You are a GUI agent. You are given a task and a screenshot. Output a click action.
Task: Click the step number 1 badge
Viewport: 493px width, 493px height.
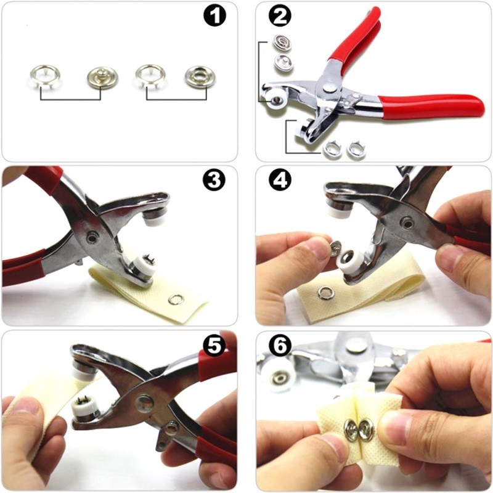pos(215,15)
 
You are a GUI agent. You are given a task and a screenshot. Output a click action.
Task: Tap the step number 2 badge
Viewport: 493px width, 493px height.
pos(280,15)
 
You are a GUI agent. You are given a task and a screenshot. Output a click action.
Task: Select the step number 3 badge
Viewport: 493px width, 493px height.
pos(214,180)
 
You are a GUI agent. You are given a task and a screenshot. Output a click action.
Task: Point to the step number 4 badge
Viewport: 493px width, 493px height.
pos(280,180)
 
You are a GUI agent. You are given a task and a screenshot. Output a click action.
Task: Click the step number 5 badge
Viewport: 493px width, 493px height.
pos(214,346)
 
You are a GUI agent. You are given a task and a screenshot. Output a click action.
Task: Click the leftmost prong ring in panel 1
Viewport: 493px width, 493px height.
pos(43,76)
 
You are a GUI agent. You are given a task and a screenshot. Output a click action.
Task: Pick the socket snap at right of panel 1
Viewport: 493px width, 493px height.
pos(197,76)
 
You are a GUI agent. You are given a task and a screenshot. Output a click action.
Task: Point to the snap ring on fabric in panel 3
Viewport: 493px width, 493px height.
pos(175,299)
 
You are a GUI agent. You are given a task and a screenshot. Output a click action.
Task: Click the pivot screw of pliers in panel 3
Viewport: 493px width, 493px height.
pos(91,239)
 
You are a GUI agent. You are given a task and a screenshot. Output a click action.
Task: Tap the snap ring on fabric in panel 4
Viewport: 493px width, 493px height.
pos(324,292)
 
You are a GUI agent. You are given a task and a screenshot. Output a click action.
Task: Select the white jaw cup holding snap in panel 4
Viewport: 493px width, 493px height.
pos(347,260)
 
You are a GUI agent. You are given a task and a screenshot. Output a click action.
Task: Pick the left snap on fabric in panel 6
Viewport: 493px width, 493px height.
pos(352,428)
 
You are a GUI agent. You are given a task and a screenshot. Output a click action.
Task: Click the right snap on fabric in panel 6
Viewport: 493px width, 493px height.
pos(366,428)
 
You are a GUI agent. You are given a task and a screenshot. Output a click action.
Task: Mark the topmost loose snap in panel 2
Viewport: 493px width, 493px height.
pos(282,43)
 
